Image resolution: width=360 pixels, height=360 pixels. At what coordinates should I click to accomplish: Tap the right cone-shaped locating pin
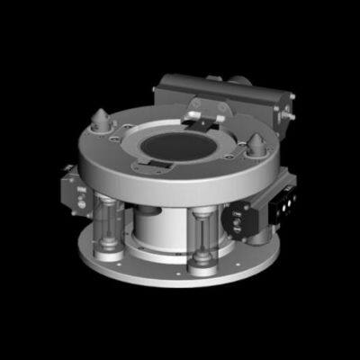[x=258, y=143]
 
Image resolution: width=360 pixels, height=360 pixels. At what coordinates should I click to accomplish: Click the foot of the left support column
[x=109, y=249]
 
